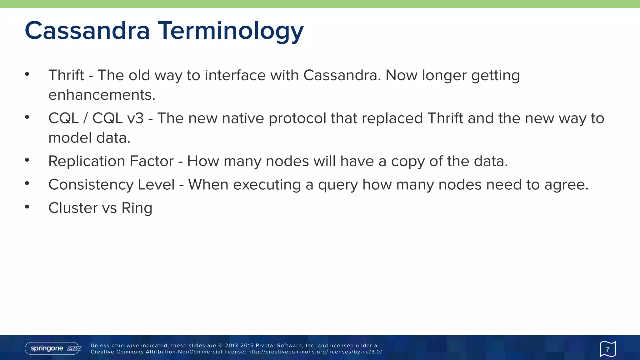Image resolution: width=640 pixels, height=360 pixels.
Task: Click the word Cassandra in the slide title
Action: (87, 31)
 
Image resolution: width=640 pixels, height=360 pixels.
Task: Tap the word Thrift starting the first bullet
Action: (66, 75)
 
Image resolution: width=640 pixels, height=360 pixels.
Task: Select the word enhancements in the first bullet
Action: (102, 95)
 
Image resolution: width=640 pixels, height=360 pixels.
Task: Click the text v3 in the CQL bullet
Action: (135, 118)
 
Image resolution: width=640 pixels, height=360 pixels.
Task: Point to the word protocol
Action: (297, 118)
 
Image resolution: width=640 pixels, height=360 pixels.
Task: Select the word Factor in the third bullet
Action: (152, 161)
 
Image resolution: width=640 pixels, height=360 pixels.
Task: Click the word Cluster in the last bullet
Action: (73, 208)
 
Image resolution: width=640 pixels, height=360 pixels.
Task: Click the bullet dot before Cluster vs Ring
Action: (27, 207)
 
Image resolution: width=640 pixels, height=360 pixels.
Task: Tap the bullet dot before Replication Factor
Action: (27, 160)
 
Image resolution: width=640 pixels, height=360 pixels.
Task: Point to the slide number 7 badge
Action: (607, 349)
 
